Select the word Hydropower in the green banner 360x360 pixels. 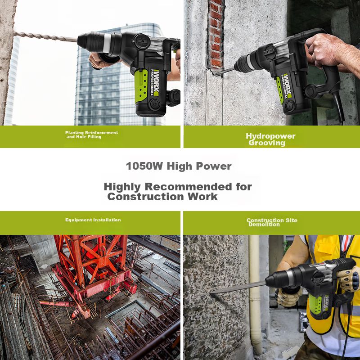point(271,136)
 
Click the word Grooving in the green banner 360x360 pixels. point(267,143)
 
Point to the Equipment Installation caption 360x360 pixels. point(93,220)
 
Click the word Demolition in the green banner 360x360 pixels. point(264,224)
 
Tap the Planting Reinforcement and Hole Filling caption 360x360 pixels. point(91,135)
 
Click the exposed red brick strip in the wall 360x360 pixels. point(216,35)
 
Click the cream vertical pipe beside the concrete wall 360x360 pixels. point(255,294)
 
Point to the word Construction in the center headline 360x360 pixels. point(145,197)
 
